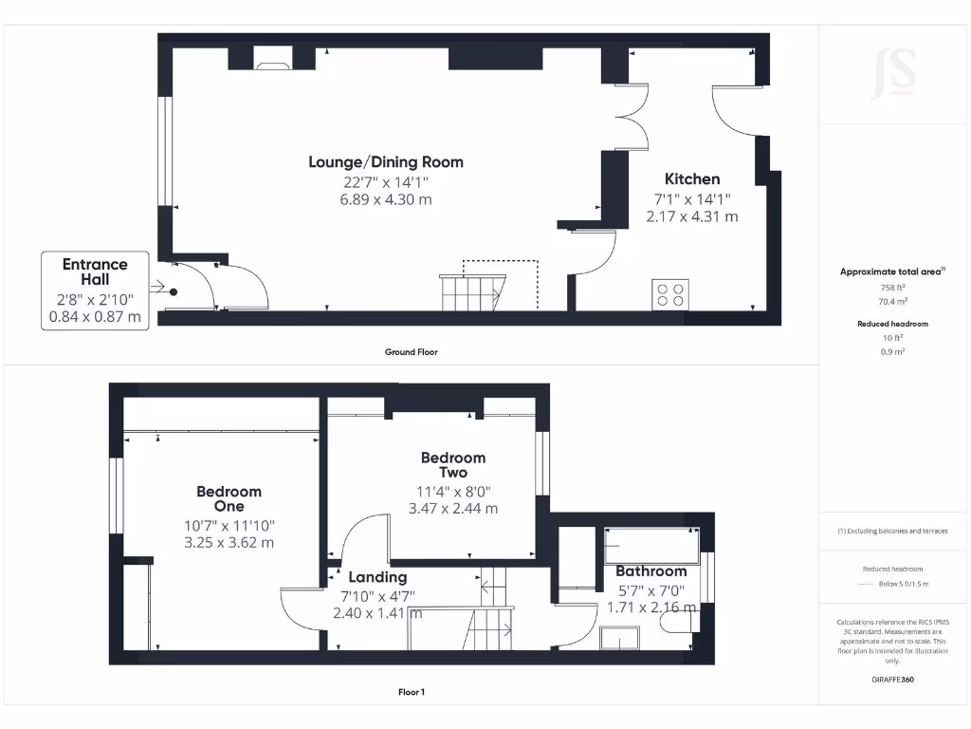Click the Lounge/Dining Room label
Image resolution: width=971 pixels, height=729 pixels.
[386, 162]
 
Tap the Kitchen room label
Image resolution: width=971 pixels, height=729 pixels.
[691, 179]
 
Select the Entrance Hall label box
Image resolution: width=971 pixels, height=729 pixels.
[95, 290]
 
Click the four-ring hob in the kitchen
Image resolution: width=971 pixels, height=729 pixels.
[669, 294]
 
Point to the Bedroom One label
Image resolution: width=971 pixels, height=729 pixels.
[229, 498]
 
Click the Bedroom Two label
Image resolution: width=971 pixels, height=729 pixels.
[452, 465]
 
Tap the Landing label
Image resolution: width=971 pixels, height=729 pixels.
[377, 577]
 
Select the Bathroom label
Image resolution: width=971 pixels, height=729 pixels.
[650, 571]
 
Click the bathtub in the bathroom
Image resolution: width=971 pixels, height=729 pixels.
[651, 546]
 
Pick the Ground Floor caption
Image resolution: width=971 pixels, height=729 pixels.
[411, 352]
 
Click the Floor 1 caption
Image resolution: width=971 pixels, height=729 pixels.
[411, 692]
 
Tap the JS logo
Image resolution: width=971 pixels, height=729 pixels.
[893, 74]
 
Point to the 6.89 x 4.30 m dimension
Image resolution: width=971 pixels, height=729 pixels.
[386, 199]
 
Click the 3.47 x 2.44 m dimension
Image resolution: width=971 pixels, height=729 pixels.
[452, 509]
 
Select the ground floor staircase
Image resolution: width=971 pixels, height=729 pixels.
[472, 290]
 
